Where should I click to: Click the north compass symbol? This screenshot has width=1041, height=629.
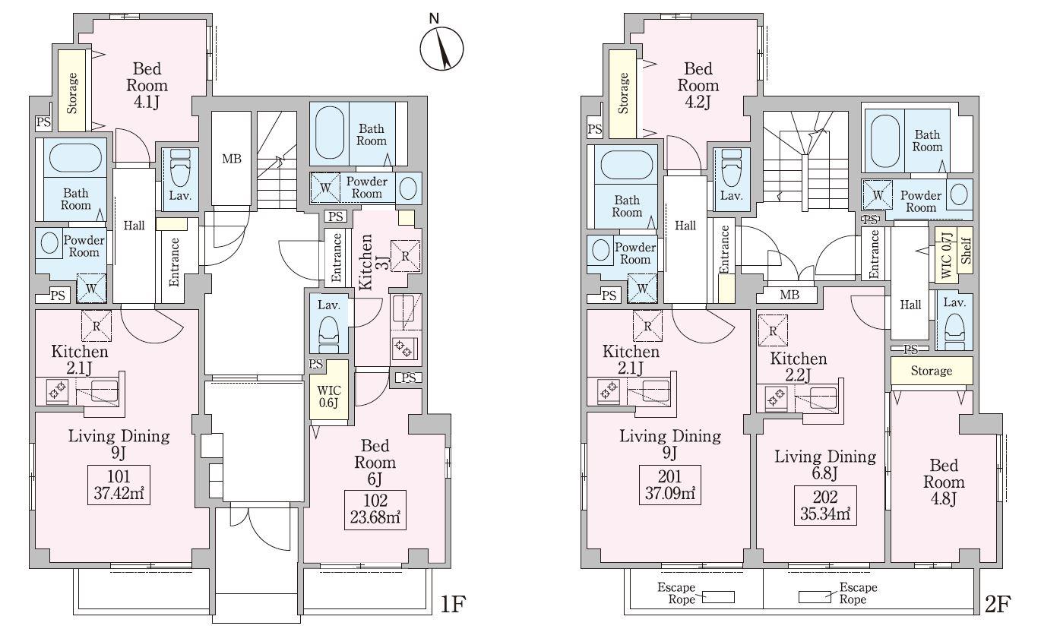click(x=441, y=49)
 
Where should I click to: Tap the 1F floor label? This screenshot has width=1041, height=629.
click(x=452, y=604)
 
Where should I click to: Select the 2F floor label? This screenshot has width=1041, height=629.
click(x=998, y=604)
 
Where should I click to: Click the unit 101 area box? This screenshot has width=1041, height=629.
click(x=119, y=485)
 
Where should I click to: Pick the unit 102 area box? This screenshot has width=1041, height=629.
click(x=375, y=510)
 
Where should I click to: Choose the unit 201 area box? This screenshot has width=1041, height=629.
click(x=669, y=485)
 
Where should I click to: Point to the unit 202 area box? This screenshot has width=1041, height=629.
click(x=825, y=505)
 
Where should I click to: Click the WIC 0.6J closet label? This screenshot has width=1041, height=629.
click(x=329, y=397)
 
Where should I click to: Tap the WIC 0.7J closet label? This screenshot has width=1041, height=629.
click(x=946, y=255)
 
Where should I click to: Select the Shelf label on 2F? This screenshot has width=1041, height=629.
click(x=966, y=251)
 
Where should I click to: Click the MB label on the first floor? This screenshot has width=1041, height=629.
click(x=232, y=159)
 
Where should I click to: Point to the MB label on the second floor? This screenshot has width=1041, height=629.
click(x=789, y=295)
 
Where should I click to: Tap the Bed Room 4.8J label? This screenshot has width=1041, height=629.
click(x=944, y=482)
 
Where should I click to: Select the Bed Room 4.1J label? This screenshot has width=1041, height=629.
click(x=147, y=85)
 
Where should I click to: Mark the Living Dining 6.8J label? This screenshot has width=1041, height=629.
click(x=825, y=464)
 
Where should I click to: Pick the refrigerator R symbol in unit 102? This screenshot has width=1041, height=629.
click(x=405, y=255)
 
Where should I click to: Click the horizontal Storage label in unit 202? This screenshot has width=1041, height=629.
click(x=932, y=371)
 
